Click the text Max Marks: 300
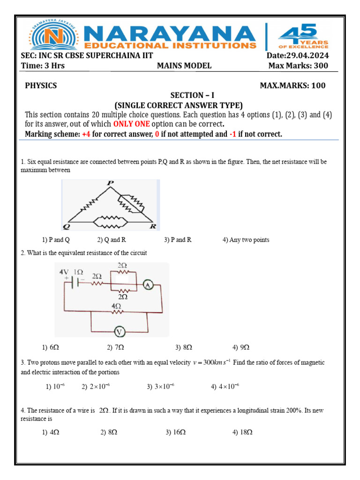(x=298, y=66)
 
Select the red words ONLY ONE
(x=131, y=124)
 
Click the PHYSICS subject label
(x=41, y=85)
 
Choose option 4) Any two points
(x=246, y=240)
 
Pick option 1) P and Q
(x=56, y=240)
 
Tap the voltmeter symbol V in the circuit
(x=120, y=332)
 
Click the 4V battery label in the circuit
(x=64, y=272)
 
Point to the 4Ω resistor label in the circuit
(x=117, y=306)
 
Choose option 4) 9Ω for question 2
(x=241, y=347)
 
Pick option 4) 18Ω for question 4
(x=242, y=433)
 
